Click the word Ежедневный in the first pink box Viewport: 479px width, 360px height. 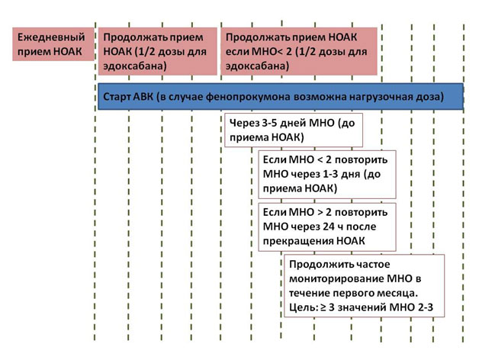pos(51,37)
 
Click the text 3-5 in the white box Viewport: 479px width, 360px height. pos(269,123)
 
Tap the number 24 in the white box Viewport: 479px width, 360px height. pos(329,227)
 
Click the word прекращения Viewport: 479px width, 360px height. pos(297,241)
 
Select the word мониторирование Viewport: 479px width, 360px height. pos(336,279)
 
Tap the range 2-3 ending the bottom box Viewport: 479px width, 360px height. pos(426,307)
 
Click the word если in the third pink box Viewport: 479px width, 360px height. pos(236,52)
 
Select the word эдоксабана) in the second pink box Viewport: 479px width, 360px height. pos(135,66)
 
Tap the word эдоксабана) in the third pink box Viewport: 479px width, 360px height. pos(258,66)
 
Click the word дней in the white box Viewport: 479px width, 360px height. pos(293,123)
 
